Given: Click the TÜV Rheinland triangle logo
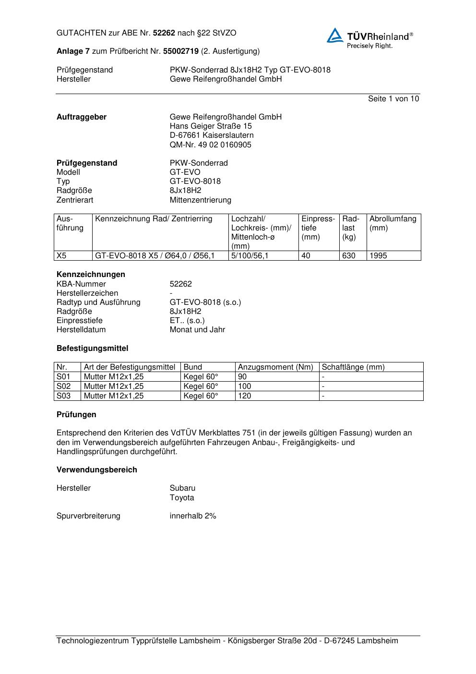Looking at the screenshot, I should pos(335,36).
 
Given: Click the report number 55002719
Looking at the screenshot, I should pos(181,51).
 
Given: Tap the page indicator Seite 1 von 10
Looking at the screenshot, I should pos(393,99).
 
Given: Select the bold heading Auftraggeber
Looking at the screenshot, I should pos(82,117).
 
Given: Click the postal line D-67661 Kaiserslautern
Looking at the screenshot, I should pos(212,135).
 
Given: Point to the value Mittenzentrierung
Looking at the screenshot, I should pos(200,200).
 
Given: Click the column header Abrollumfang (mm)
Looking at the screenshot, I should pos(393,223).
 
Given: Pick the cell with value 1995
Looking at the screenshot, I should pos(378,256).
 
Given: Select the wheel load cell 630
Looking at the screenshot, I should pos(349,256).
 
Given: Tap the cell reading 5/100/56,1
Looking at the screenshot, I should pos(250,256).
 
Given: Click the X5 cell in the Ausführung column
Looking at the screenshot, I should pos(62,256).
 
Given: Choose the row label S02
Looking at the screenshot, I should pos(63,386).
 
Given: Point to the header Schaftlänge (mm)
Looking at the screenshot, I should pos(353,367).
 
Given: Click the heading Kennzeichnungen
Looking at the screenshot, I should pos(91,275).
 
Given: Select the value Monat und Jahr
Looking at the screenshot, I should pos(197,330).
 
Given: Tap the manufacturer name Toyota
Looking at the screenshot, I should pos(182,498).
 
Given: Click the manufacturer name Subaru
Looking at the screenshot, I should pos(182,488).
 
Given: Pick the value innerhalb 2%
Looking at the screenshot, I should pos(193,516).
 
